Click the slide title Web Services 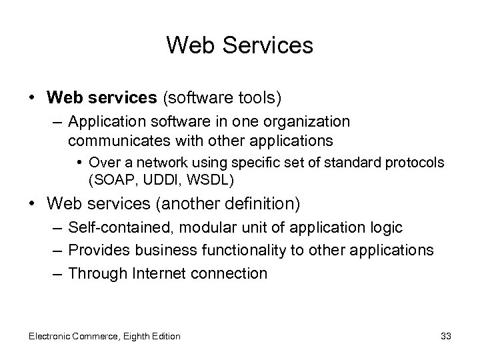239,45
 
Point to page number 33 446,336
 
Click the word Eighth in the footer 138,336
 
